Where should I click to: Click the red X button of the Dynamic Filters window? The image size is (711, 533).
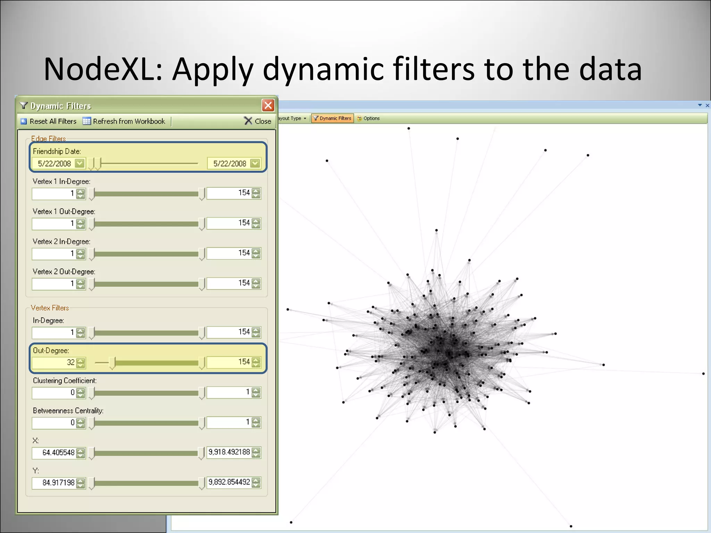coord(268,105)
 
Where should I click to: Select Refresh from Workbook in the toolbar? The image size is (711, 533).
coord(124,121)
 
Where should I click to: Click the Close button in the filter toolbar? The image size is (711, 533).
coord(258,121)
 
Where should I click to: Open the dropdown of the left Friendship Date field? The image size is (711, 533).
coord(80,163)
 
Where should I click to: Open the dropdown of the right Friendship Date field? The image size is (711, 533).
coord(255,163)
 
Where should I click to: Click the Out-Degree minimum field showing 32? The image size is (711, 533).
coord(54,363)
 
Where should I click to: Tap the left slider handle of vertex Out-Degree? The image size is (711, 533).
coord(112,363)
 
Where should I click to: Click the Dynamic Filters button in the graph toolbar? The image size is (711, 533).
coord(332,118)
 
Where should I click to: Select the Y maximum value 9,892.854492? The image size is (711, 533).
coord(229,482)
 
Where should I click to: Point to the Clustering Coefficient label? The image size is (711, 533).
coord(65,381)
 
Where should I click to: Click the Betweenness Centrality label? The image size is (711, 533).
coord(68,411)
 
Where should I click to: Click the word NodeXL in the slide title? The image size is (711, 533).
coord(103,69)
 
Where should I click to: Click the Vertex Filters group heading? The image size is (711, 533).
coord(50,308)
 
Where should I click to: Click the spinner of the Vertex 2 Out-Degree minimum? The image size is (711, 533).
coord(81,284)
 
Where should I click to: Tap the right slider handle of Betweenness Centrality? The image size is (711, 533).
coord(202,423)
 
